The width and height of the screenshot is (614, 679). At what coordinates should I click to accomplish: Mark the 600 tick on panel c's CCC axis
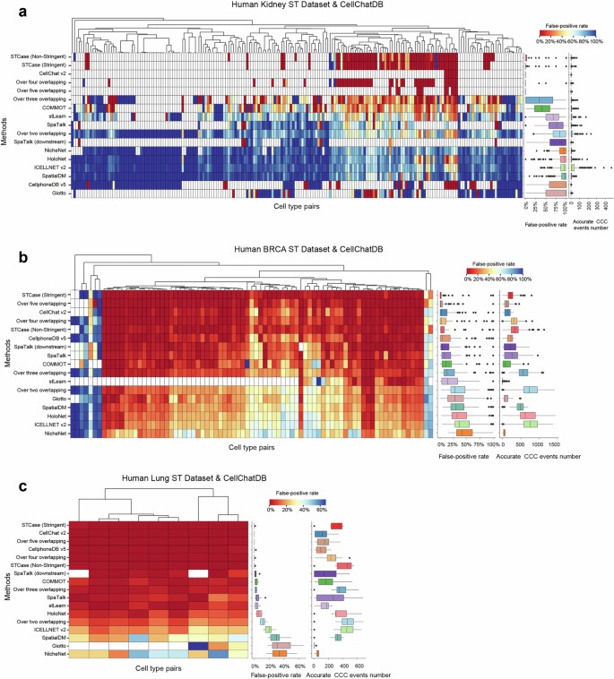(x=359, y=666)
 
